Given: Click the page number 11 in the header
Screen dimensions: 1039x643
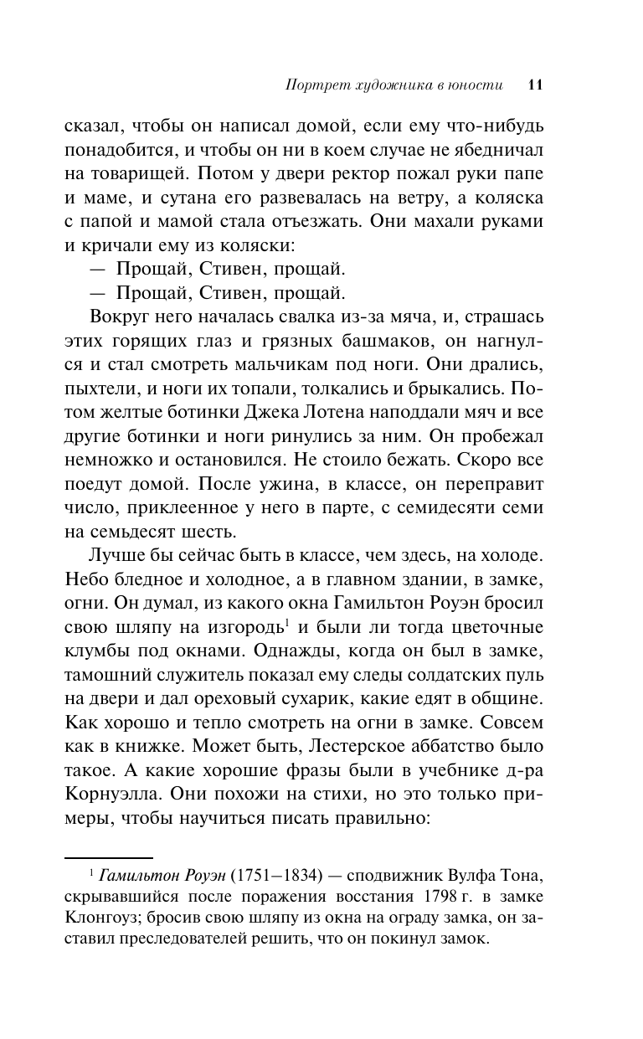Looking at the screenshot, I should [536, 85].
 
